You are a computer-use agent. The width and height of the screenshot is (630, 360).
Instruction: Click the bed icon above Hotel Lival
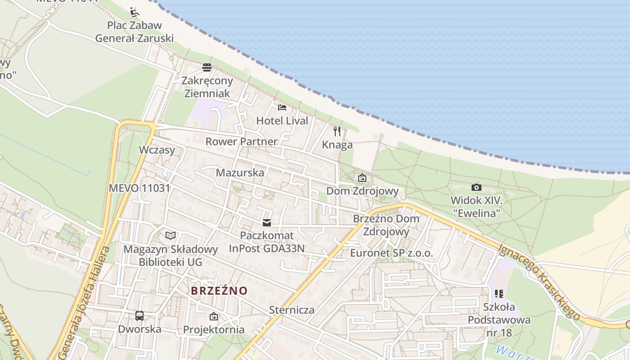coord(282,107)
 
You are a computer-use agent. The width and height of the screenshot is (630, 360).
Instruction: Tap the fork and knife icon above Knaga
coord(337,131)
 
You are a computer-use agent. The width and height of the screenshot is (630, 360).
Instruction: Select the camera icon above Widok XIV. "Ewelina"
coord(477,187)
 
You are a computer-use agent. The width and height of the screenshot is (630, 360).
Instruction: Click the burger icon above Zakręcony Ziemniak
coord(207,67)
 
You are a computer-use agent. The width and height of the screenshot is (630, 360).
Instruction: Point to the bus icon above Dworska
coord(139,316)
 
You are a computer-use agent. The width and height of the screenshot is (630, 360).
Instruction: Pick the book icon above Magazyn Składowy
coord(171,235)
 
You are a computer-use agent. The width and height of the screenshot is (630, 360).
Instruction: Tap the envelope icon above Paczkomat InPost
coord(267,222)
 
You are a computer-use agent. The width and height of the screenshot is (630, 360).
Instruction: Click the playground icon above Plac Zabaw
coord(134,12)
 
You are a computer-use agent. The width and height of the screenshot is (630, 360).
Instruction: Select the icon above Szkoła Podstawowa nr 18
coord(499,294)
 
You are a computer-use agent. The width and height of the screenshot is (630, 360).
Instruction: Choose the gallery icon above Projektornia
coord(214,316)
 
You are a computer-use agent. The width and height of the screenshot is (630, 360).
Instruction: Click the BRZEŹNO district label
coord(219,291)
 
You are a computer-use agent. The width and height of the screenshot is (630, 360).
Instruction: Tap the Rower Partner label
coord(241,141)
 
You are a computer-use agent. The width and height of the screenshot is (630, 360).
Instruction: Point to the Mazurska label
coord(240,172)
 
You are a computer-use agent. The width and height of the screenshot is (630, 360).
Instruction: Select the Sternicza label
coord(292,310)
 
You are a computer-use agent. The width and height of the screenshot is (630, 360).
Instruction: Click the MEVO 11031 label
coord(139,188)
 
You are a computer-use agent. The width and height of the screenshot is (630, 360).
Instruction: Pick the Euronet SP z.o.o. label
coord(391,253)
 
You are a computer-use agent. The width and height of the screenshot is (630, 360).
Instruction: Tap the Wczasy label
coord(157,150)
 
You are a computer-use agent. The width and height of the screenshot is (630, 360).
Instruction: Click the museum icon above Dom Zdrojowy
coord(362,178)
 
